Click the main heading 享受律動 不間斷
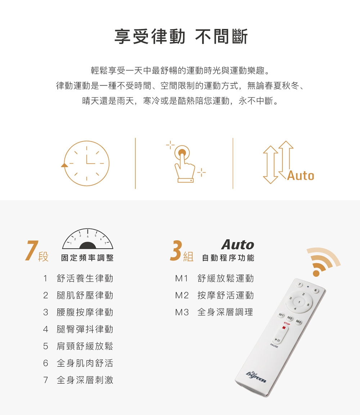(181, 37)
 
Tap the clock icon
(85, 163)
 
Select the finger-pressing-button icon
(186, 162)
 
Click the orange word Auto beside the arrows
(301, 175)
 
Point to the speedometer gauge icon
(88, 239)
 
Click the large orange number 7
(32, 250)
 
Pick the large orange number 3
(176, 250)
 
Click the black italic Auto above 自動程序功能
(238, 245)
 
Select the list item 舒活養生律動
(85, 278)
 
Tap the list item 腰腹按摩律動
(85, 312)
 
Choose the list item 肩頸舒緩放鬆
(85, 346)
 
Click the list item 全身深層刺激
(85, 380)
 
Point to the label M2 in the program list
(182, 295)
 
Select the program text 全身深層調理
(225, 312)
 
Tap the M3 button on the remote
(298, 322)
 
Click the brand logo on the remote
(256, 377)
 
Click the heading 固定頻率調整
(87, 257)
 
